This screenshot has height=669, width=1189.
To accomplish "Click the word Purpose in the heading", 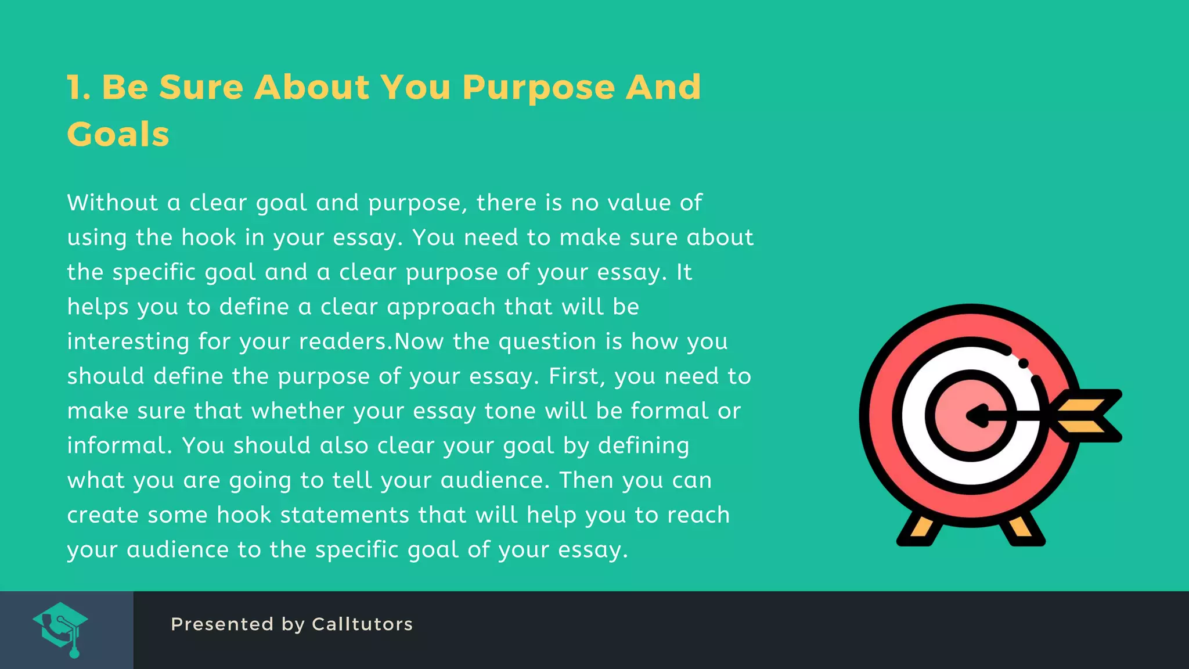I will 538,88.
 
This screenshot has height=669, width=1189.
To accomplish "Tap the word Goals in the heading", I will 118,135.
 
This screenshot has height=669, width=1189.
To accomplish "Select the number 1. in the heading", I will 78,88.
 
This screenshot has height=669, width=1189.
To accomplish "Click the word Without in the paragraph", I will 113,203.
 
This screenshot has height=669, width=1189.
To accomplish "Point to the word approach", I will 441,307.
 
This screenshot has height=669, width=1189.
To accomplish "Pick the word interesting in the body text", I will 128,341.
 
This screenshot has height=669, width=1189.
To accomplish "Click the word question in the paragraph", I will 547,341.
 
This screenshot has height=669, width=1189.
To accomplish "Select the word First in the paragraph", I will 572,376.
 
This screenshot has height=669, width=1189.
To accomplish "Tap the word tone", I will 506,411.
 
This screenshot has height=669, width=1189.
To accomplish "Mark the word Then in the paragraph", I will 586,480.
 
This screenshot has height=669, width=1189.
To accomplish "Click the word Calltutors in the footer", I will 362,624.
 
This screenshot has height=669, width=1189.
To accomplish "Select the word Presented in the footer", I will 222,624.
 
